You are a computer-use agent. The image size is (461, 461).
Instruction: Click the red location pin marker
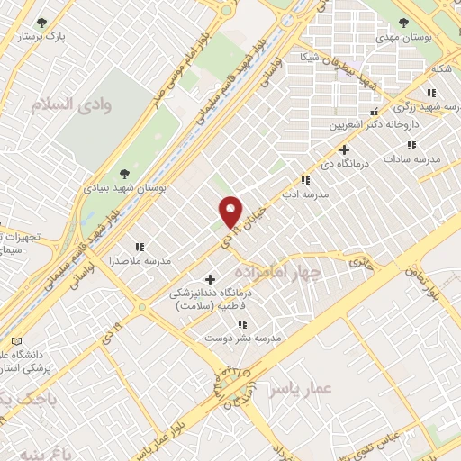click(230, 212)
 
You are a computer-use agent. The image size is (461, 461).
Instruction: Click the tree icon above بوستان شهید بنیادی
click(124, 174)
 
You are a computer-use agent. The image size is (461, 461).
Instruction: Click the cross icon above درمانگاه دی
click(343, 149)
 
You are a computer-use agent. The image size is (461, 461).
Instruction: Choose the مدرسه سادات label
click(413, 158)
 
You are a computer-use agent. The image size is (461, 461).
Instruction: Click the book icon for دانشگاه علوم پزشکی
click(15, 342)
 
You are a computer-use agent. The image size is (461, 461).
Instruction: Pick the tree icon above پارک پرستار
click(41, 23)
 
